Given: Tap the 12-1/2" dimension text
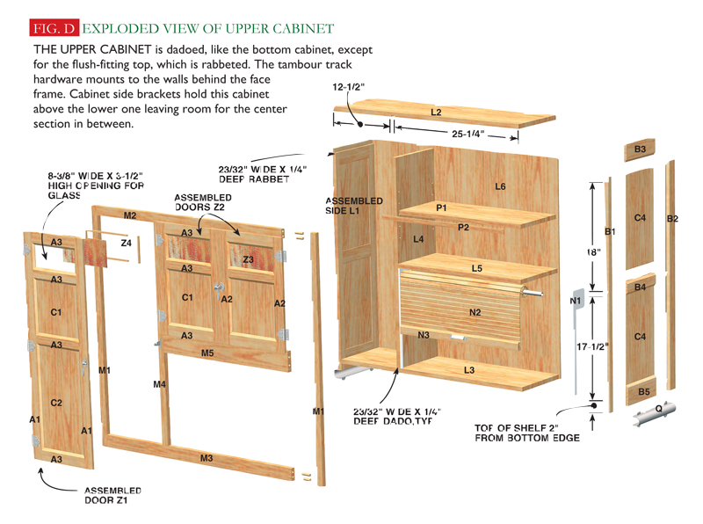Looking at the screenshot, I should (349, 88).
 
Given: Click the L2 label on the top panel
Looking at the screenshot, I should (436, 113).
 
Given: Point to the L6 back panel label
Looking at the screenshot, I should (500, 186).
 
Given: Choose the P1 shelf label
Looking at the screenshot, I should (441, 207).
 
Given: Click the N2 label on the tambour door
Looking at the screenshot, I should (475, 312).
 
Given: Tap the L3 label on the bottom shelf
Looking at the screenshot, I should (469, 371).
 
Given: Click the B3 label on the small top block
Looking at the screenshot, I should (641, 150).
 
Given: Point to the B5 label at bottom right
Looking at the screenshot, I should (643, 391).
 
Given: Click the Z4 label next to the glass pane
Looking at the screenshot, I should (126, 243).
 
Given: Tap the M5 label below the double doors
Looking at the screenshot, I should (207, 353).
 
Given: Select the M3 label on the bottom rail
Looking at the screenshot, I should (207, 458).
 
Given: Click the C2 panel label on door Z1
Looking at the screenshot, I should (56, 403).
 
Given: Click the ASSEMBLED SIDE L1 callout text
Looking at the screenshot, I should (354, 206).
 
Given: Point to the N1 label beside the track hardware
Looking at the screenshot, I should (576, 301).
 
